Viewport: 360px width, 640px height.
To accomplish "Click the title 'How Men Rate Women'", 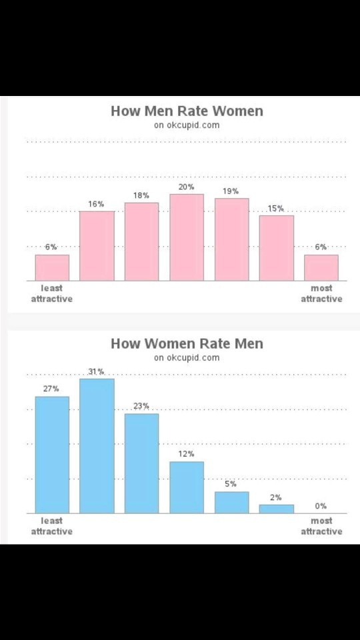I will tap(187, 111).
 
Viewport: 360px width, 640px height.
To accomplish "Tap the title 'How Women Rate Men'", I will tap(187, 343).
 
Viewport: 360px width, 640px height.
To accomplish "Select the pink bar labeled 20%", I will tap(187, 237).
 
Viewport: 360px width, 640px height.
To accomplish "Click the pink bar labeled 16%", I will tap(97, 246).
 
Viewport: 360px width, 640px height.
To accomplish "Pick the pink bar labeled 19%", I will tap(231, 239).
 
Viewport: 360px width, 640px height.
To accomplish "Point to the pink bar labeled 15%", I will tap(276, 248).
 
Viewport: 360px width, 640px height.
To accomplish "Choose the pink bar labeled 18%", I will tap(141, 241).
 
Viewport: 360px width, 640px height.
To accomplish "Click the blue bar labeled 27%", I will tap(52, 455).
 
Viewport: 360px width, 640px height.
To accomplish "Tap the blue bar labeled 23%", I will tap(141, 463).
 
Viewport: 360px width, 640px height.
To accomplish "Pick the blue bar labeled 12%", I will tap(187, 487).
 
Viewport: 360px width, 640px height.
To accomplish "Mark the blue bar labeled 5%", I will tap(231, 502).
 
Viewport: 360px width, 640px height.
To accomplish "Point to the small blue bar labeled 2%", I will tap(276, 509).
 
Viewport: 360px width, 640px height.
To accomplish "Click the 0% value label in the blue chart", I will tap(321, 506).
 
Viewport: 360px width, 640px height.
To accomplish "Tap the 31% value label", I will tap(96, 371).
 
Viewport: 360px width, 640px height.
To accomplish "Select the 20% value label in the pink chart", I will tap(186, 187).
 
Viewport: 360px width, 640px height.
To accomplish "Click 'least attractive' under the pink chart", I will tap(52, 293).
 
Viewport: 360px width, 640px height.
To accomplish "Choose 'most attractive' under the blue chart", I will tap(321, 526).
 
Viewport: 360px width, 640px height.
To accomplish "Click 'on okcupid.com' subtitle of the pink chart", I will tap(187, 125).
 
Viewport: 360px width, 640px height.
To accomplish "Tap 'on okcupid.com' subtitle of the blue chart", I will tap(187, 357).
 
